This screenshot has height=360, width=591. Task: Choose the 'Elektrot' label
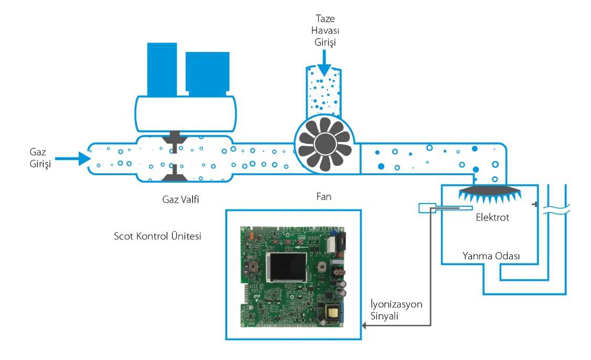tap(491, 217)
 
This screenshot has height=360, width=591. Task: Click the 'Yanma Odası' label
tap(491, 257)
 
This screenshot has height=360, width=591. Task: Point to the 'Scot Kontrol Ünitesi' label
tap(157, 236)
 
